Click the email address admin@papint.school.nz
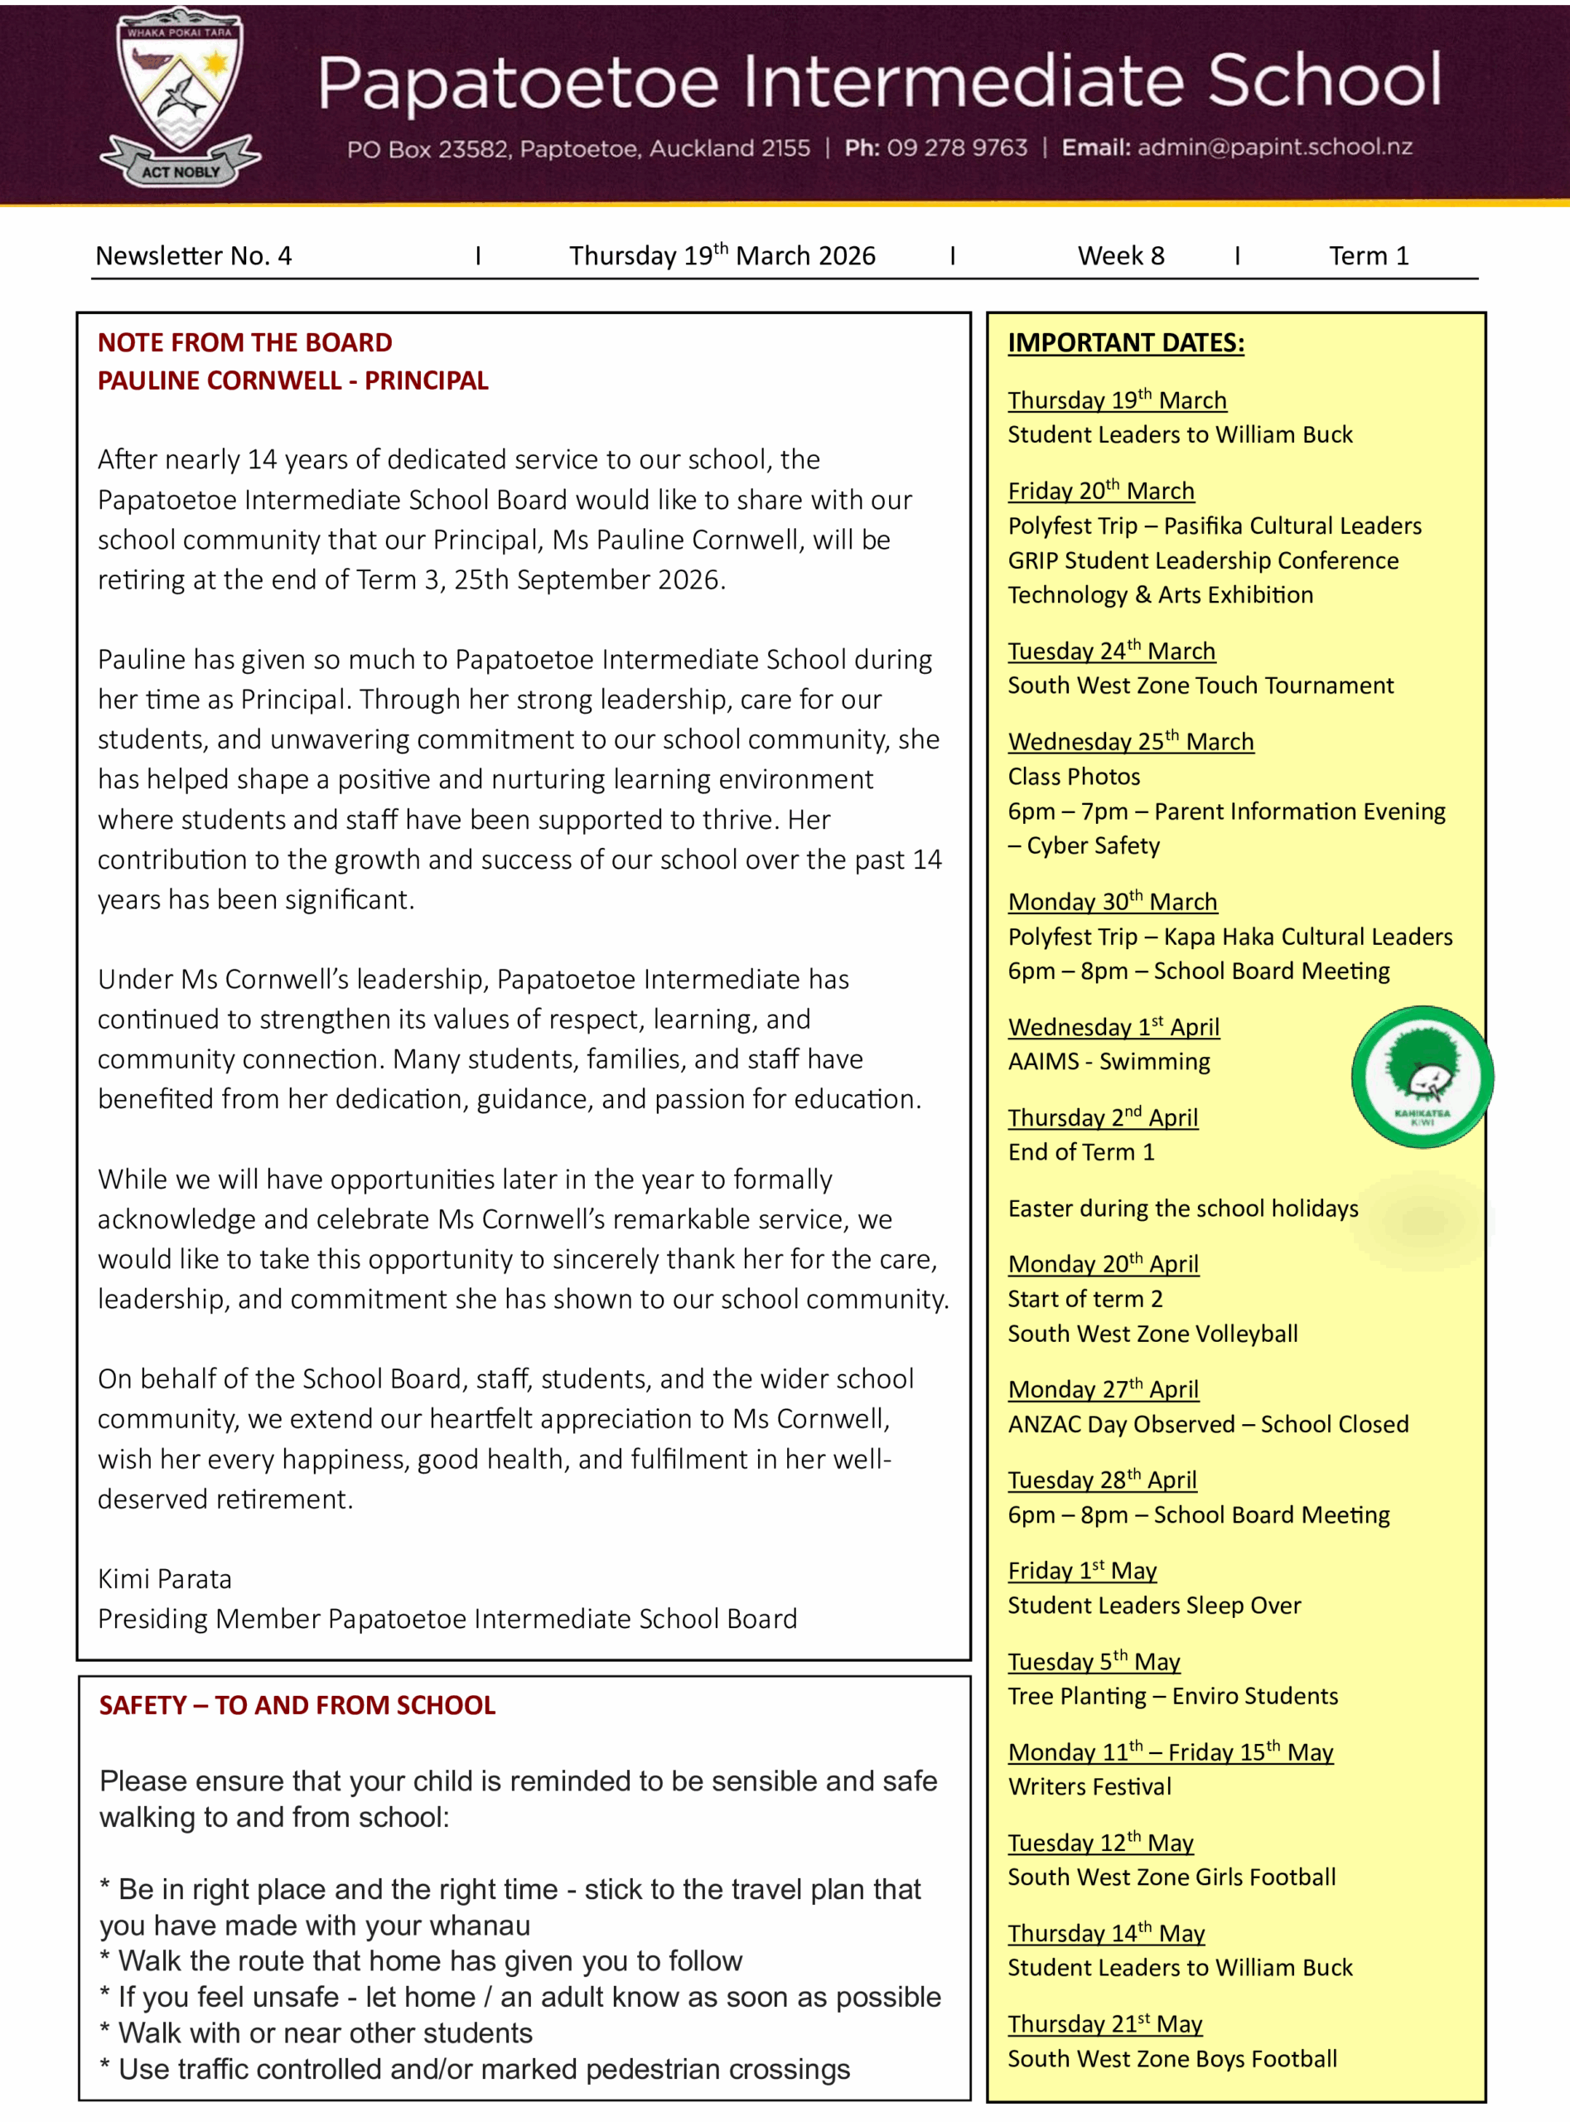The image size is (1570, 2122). [x=1274, y=148]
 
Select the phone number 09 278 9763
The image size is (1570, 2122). [x=957, y=148]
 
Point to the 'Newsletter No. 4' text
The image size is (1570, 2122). [x=194, y=256]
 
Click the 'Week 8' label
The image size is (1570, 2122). [x=1120, y=256]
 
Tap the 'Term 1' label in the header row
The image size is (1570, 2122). [x=1368, y=256]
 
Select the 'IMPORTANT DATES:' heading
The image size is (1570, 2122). [x=1125, y=343]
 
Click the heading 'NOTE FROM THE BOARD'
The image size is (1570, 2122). [x=245, y=342]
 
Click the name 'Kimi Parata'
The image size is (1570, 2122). [x=164, y=1579]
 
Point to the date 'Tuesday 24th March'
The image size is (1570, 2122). [x=1111, y=652]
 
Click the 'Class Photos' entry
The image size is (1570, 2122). [x=1074, y=777]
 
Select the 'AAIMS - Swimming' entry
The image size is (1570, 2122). [x=1109, y=1061]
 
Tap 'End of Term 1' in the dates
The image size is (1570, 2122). [x=1080, y=1152]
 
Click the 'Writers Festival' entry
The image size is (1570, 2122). [x=1089, y=1786]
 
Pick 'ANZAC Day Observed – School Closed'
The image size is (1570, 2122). [x=1208, y=1424]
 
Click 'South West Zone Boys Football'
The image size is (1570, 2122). [x=1171, y=2058]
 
